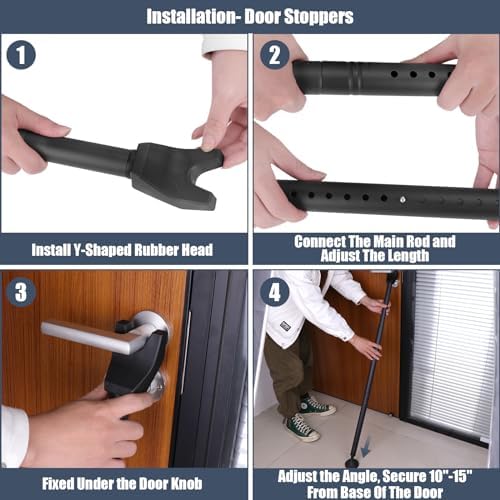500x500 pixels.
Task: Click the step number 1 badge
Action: pos(21,55)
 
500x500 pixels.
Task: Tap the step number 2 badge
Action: pos(274,55)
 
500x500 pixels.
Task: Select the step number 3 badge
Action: pos(21,292)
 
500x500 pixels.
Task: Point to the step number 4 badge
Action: pos(274,292)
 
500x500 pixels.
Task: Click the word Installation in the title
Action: pos(192,16)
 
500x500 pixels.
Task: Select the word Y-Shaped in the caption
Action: pos(99,250)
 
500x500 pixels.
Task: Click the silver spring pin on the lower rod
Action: pos(403,200)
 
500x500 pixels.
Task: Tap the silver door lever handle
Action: pos(97,335)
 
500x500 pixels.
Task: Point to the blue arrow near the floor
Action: pos(366,448)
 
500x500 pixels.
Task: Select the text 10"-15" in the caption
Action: pos(451,477)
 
